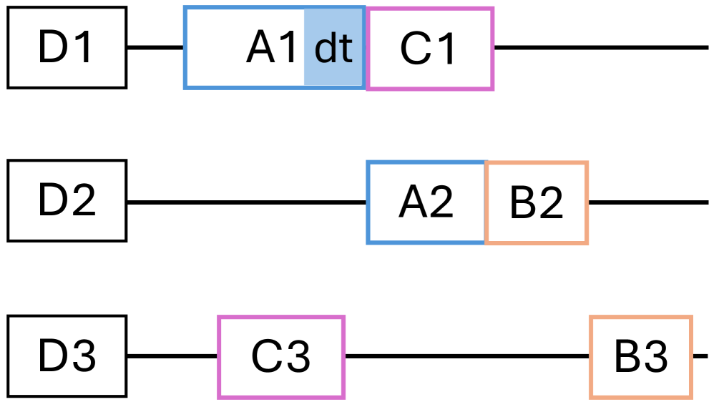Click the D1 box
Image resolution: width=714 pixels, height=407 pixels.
coord(67,48)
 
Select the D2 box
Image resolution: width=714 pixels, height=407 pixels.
coord(67,201)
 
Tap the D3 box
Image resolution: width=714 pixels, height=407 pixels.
coord(67,356)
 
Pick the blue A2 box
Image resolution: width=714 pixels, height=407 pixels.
coord(426,202)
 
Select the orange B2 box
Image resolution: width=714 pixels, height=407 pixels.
coord(537,203)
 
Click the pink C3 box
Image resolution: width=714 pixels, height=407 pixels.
coord(281,356)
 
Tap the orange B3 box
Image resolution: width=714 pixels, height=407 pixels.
coord(641,356)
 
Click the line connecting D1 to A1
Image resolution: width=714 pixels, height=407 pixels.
coord(155,48)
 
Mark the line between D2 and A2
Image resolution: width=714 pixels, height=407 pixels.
coord(247,202)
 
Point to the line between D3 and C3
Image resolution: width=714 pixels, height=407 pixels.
coord(172,356)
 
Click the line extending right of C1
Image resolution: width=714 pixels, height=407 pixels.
coord(601,48)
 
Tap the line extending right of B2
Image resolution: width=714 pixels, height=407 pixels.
coord(647,202)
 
